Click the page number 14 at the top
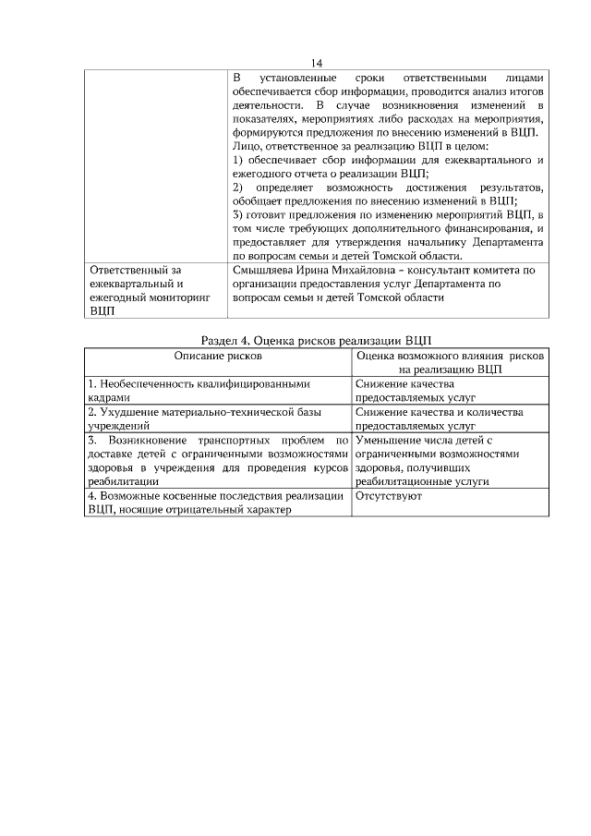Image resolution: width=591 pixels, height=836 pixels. click(x=317, y=63)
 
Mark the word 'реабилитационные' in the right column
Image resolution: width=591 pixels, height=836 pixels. click(x=401, y=481)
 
